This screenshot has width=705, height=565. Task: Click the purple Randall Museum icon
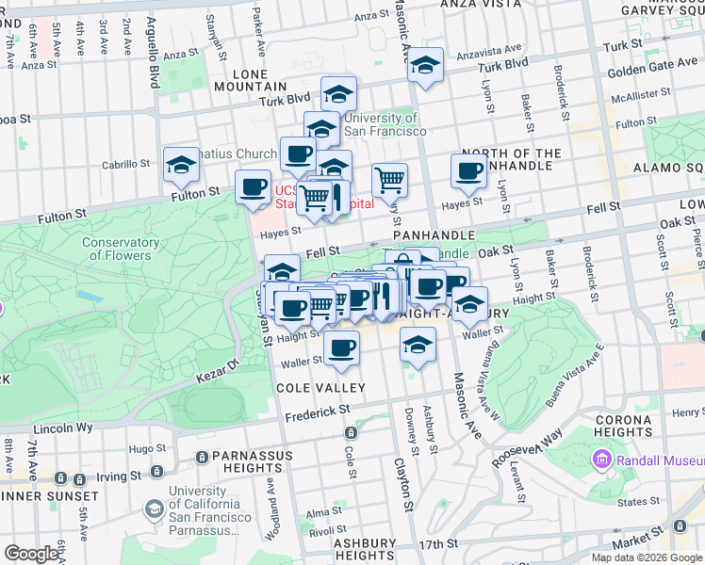600,460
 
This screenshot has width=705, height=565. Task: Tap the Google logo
32,554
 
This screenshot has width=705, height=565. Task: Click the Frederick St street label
319,412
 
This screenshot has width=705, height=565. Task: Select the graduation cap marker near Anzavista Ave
426,65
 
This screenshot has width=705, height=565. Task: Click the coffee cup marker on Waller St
341,347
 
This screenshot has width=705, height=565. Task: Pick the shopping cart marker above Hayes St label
389,178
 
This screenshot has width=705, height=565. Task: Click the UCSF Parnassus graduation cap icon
153,509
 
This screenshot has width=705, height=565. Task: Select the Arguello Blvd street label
153,61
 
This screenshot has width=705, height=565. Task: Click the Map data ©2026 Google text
646,557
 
